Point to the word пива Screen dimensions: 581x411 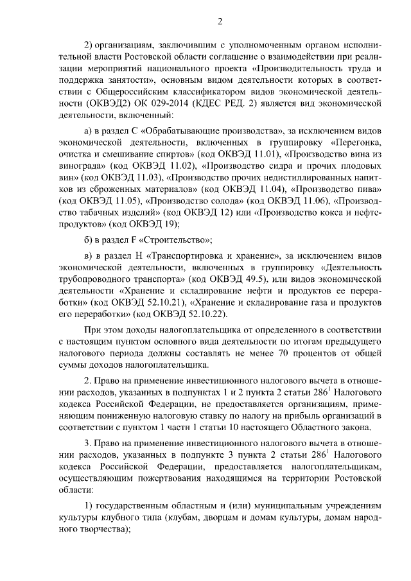tap(369, 189)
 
